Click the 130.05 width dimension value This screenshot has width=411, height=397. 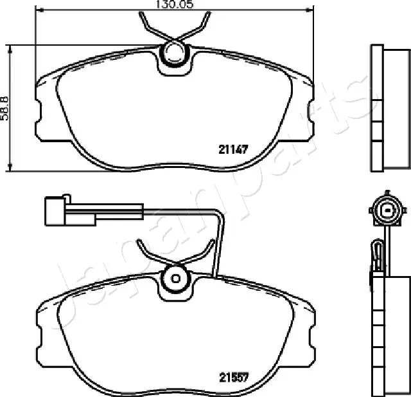pyautogui.click(x=174, y=5)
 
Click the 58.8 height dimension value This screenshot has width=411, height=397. pyautogui.click(x=4, y=109)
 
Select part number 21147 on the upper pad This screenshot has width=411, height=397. pyautogui.click(x=233, y=149)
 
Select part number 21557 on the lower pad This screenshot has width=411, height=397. pyautogui.click(x=234, y=377)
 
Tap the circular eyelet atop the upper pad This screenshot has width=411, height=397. pyautogui.click(x=174, y=54)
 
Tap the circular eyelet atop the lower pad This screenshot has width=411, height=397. pyautogui.click(x=175, y=279)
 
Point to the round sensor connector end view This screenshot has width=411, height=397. pyautogui.click(x=387, y=210)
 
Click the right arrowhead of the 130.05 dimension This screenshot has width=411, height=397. pyautogui.click(x=310, y=10)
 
